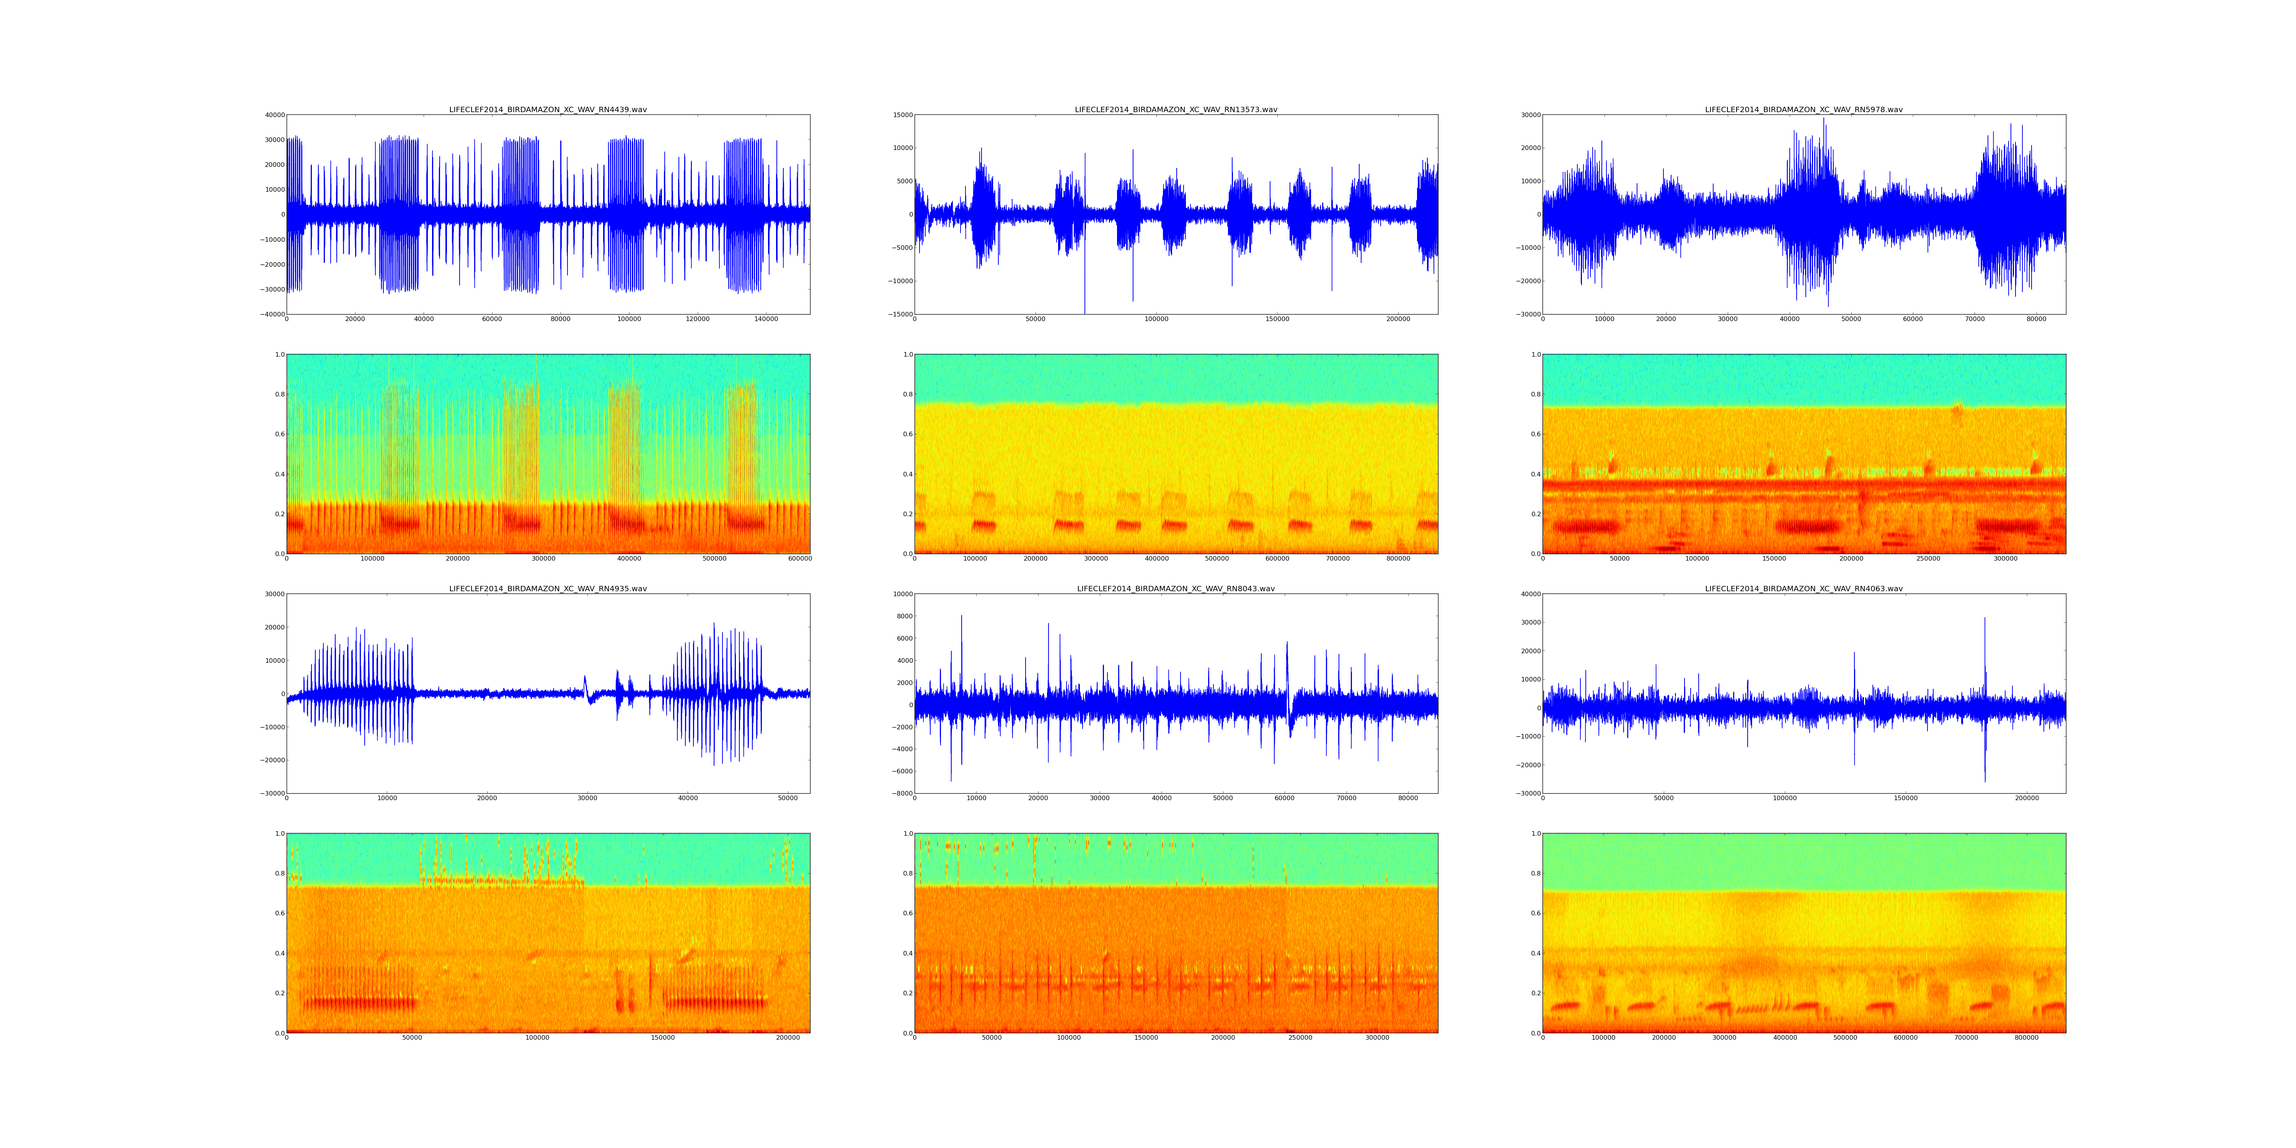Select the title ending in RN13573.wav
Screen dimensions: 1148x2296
pos(1176,109)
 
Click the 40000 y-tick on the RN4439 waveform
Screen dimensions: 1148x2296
pos(273,115)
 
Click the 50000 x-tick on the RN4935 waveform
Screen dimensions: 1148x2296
pos(788,798)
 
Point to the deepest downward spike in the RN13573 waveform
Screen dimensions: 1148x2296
pos(1085,312)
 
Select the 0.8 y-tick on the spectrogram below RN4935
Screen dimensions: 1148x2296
pos(279,874)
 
